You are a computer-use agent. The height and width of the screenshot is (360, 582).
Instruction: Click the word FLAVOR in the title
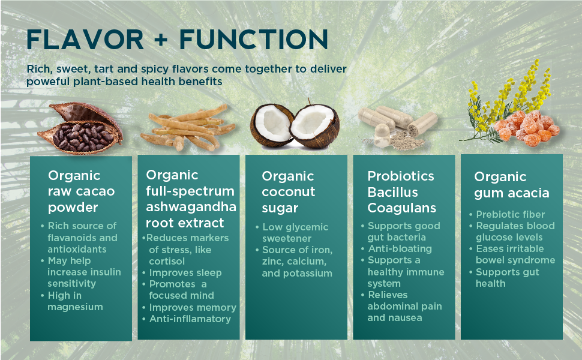[85, 40]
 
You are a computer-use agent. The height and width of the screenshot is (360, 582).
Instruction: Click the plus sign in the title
[161, 40]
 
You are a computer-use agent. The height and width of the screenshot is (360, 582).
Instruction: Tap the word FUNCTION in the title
[254, 40]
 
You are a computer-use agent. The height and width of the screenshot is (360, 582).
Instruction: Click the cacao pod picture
[80, 128]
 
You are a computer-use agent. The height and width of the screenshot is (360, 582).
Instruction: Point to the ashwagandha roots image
[188, 128]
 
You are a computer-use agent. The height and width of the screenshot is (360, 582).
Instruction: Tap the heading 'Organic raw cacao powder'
[81, 191]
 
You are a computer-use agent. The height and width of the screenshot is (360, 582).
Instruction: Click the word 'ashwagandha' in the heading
[191, 207]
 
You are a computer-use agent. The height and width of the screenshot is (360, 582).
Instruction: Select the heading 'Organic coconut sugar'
[289, 192]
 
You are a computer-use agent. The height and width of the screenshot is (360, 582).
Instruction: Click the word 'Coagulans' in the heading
[401, 208]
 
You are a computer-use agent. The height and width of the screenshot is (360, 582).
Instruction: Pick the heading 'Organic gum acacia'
[511, 185]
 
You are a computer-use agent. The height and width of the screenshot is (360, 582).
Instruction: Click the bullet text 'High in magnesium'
[73, 301]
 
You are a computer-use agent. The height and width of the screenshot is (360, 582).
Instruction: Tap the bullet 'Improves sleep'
[182, 273]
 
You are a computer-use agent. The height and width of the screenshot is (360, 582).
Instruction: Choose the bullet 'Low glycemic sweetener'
[292, 233]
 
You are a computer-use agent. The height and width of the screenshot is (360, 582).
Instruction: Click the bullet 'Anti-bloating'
[397, 248]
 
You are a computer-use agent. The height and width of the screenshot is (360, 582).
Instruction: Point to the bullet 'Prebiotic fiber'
[507, 215]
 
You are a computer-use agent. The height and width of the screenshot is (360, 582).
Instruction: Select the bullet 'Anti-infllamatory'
[187, 319]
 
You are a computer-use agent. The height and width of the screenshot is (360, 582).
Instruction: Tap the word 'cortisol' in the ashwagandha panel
[167, 261]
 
